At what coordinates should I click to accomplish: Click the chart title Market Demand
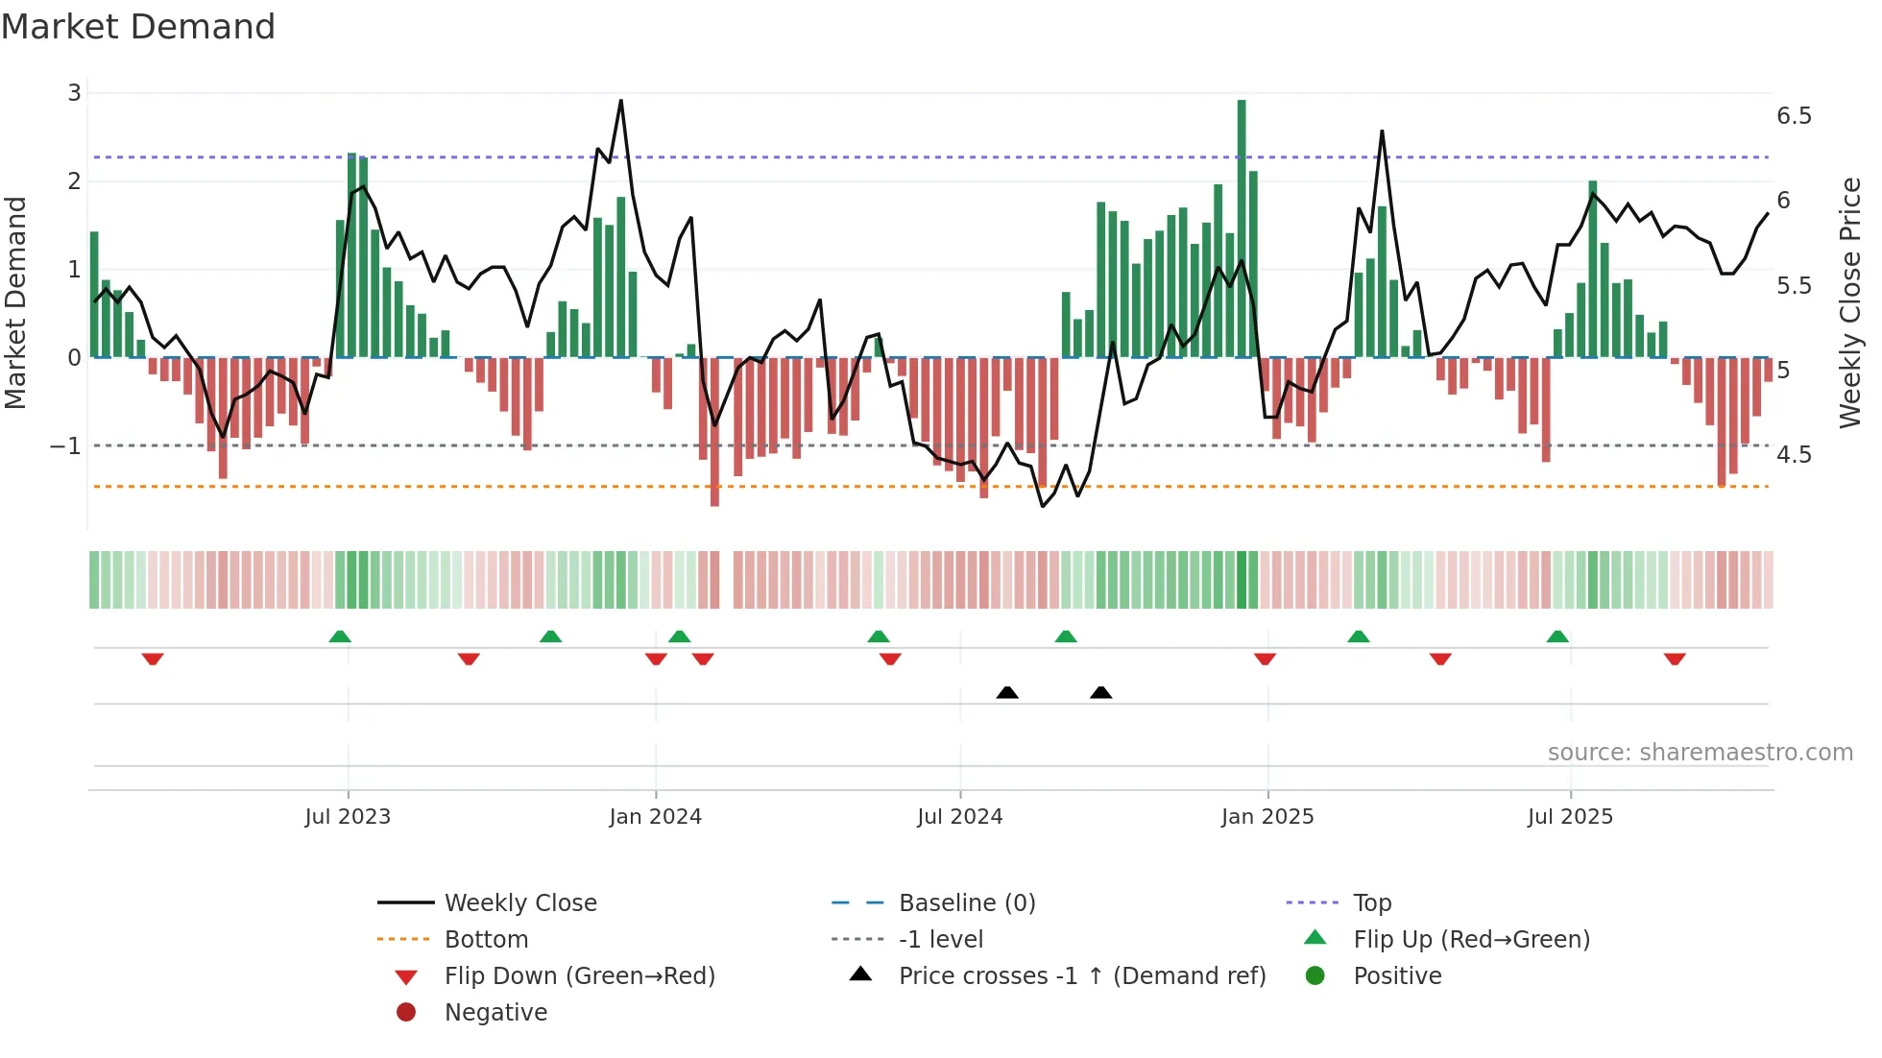click(138, 27)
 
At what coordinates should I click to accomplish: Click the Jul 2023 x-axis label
click(348, 817)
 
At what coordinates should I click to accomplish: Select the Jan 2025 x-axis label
click(1267, 817)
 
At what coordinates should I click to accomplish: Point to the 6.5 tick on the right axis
click(1794, 116)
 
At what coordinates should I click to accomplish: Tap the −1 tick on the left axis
click(65, 446)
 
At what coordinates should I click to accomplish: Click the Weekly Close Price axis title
click(1849, 302)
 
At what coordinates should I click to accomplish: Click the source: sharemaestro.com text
click(1700, 753)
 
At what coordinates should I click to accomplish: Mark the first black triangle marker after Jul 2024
click(1007, 692)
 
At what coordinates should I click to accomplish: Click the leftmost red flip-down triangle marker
click(153, 659)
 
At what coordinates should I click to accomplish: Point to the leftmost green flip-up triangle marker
click(340, 637)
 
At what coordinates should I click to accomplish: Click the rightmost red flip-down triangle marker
click(1675, 659)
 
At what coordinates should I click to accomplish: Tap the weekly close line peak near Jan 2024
click(621, 101)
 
